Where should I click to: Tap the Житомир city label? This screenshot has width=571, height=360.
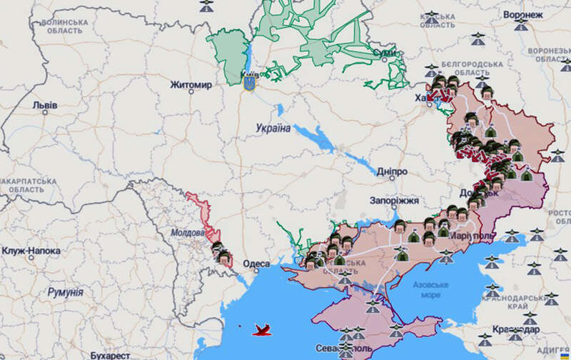click(x=191, y=86)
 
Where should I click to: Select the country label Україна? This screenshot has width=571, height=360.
click(x=273, y=129)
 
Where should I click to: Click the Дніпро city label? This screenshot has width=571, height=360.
click(x=390, y=173)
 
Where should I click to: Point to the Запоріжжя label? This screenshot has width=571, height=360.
click(x=395, y=201)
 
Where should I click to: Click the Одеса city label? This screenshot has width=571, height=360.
click(x=256, y=264)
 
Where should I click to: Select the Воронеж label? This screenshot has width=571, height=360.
click(x=522, y=14)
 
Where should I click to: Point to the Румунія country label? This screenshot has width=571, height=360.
click(x=65, y=292)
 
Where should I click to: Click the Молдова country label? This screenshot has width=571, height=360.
click(x=188, y=233)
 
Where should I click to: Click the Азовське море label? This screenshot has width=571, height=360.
click(x=431, y=289)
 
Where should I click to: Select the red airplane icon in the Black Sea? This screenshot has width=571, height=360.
click(x=263, y=329)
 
